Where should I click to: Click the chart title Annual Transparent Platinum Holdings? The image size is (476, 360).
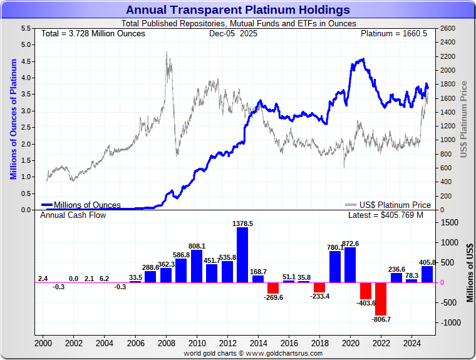(238, 9)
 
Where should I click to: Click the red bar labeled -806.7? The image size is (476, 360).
(381, 299)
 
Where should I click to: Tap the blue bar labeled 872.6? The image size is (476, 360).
(350, 265)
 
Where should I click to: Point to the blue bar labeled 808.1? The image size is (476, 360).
(197, 266)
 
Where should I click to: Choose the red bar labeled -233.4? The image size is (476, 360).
(319, 287)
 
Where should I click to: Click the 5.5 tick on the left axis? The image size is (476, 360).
(26, 29)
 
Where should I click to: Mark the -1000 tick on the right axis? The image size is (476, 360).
(451, 322)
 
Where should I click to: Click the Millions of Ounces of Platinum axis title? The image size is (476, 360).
(13, 118)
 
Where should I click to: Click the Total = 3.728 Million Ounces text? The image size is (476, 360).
(93, 33)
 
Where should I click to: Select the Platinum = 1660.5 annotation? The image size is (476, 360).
(394, 33)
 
